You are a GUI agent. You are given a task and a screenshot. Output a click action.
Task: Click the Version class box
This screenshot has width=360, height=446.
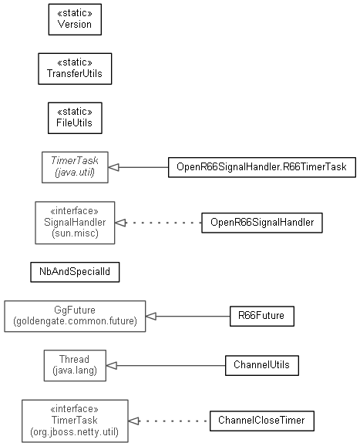coord(75,19)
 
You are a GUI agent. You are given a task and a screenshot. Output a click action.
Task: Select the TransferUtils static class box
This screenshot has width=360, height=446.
coord(75,69)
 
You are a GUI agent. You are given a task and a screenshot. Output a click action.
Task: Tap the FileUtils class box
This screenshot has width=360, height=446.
coord(75,118)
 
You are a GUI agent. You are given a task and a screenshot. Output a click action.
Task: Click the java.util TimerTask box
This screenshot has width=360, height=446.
coord(75,167)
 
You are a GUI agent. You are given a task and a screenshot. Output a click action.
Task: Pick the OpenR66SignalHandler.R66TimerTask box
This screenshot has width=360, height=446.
coord(262,167)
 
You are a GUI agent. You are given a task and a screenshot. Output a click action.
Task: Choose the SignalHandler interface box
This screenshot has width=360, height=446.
coord(75,223)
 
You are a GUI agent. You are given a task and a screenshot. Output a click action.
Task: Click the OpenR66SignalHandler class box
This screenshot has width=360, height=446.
coord(262,223)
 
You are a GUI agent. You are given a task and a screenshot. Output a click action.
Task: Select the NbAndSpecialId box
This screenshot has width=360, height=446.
coord(75,272)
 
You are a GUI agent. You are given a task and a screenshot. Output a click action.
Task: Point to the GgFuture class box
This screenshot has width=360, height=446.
coord(75,316)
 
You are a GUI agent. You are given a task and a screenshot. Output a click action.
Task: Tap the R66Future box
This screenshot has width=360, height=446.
coord(262,316)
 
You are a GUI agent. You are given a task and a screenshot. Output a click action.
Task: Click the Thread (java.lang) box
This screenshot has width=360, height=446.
coord(75,365)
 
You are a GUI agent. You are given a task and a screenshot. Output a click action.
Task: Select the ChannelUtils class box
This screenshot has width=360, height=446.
coord(262,365)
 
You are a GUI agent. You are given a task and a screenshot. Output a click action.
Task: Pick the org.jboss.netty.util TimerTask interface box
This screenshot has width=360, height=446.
coord(75,421)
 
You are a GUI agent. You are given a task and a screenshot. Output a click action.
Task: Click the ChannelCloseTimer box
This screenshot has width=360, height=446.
coord(262,421)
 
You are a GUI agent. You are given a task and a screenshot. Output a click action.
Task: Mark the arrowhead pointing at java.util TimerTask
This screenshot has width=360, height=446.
coord(113,167)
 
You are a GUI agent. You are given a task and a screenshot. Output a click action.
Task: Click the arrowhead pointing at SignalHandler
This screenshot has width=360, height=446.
coord(120,223)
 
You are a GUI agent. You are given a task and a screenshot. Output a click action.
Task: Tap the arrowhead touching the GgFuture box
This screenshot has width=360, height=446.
coord(151,316)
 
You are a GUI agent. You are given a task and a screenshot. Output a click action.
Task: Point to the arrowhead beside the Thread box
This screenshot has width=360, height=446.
coord(111,365)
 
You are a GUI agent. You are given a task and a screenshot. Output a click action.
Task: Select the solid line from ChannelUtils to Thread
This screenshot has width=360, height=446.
coord(171,365)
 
